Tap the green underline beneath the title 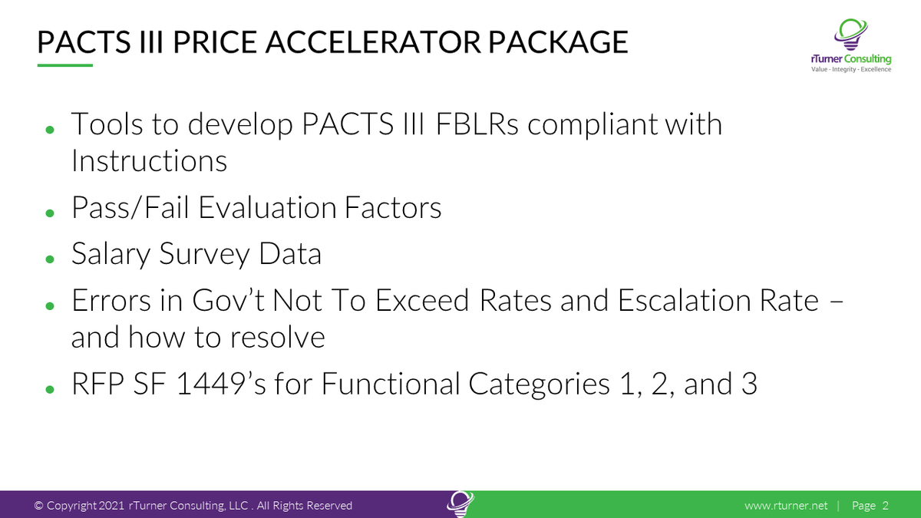coord(64,66)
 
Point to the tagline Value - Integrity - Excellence coord(851,69)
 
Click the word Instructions coord(149,160)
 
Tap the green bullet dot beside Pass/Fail coord(50,212)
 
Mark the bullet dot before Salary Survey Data coord(50,259)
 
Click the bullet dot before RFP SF coord(50,388)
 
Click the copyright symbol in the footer coord(38,506)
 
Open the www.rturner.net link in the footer coord(786,506)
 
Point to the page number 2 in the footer coord(885,506)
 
